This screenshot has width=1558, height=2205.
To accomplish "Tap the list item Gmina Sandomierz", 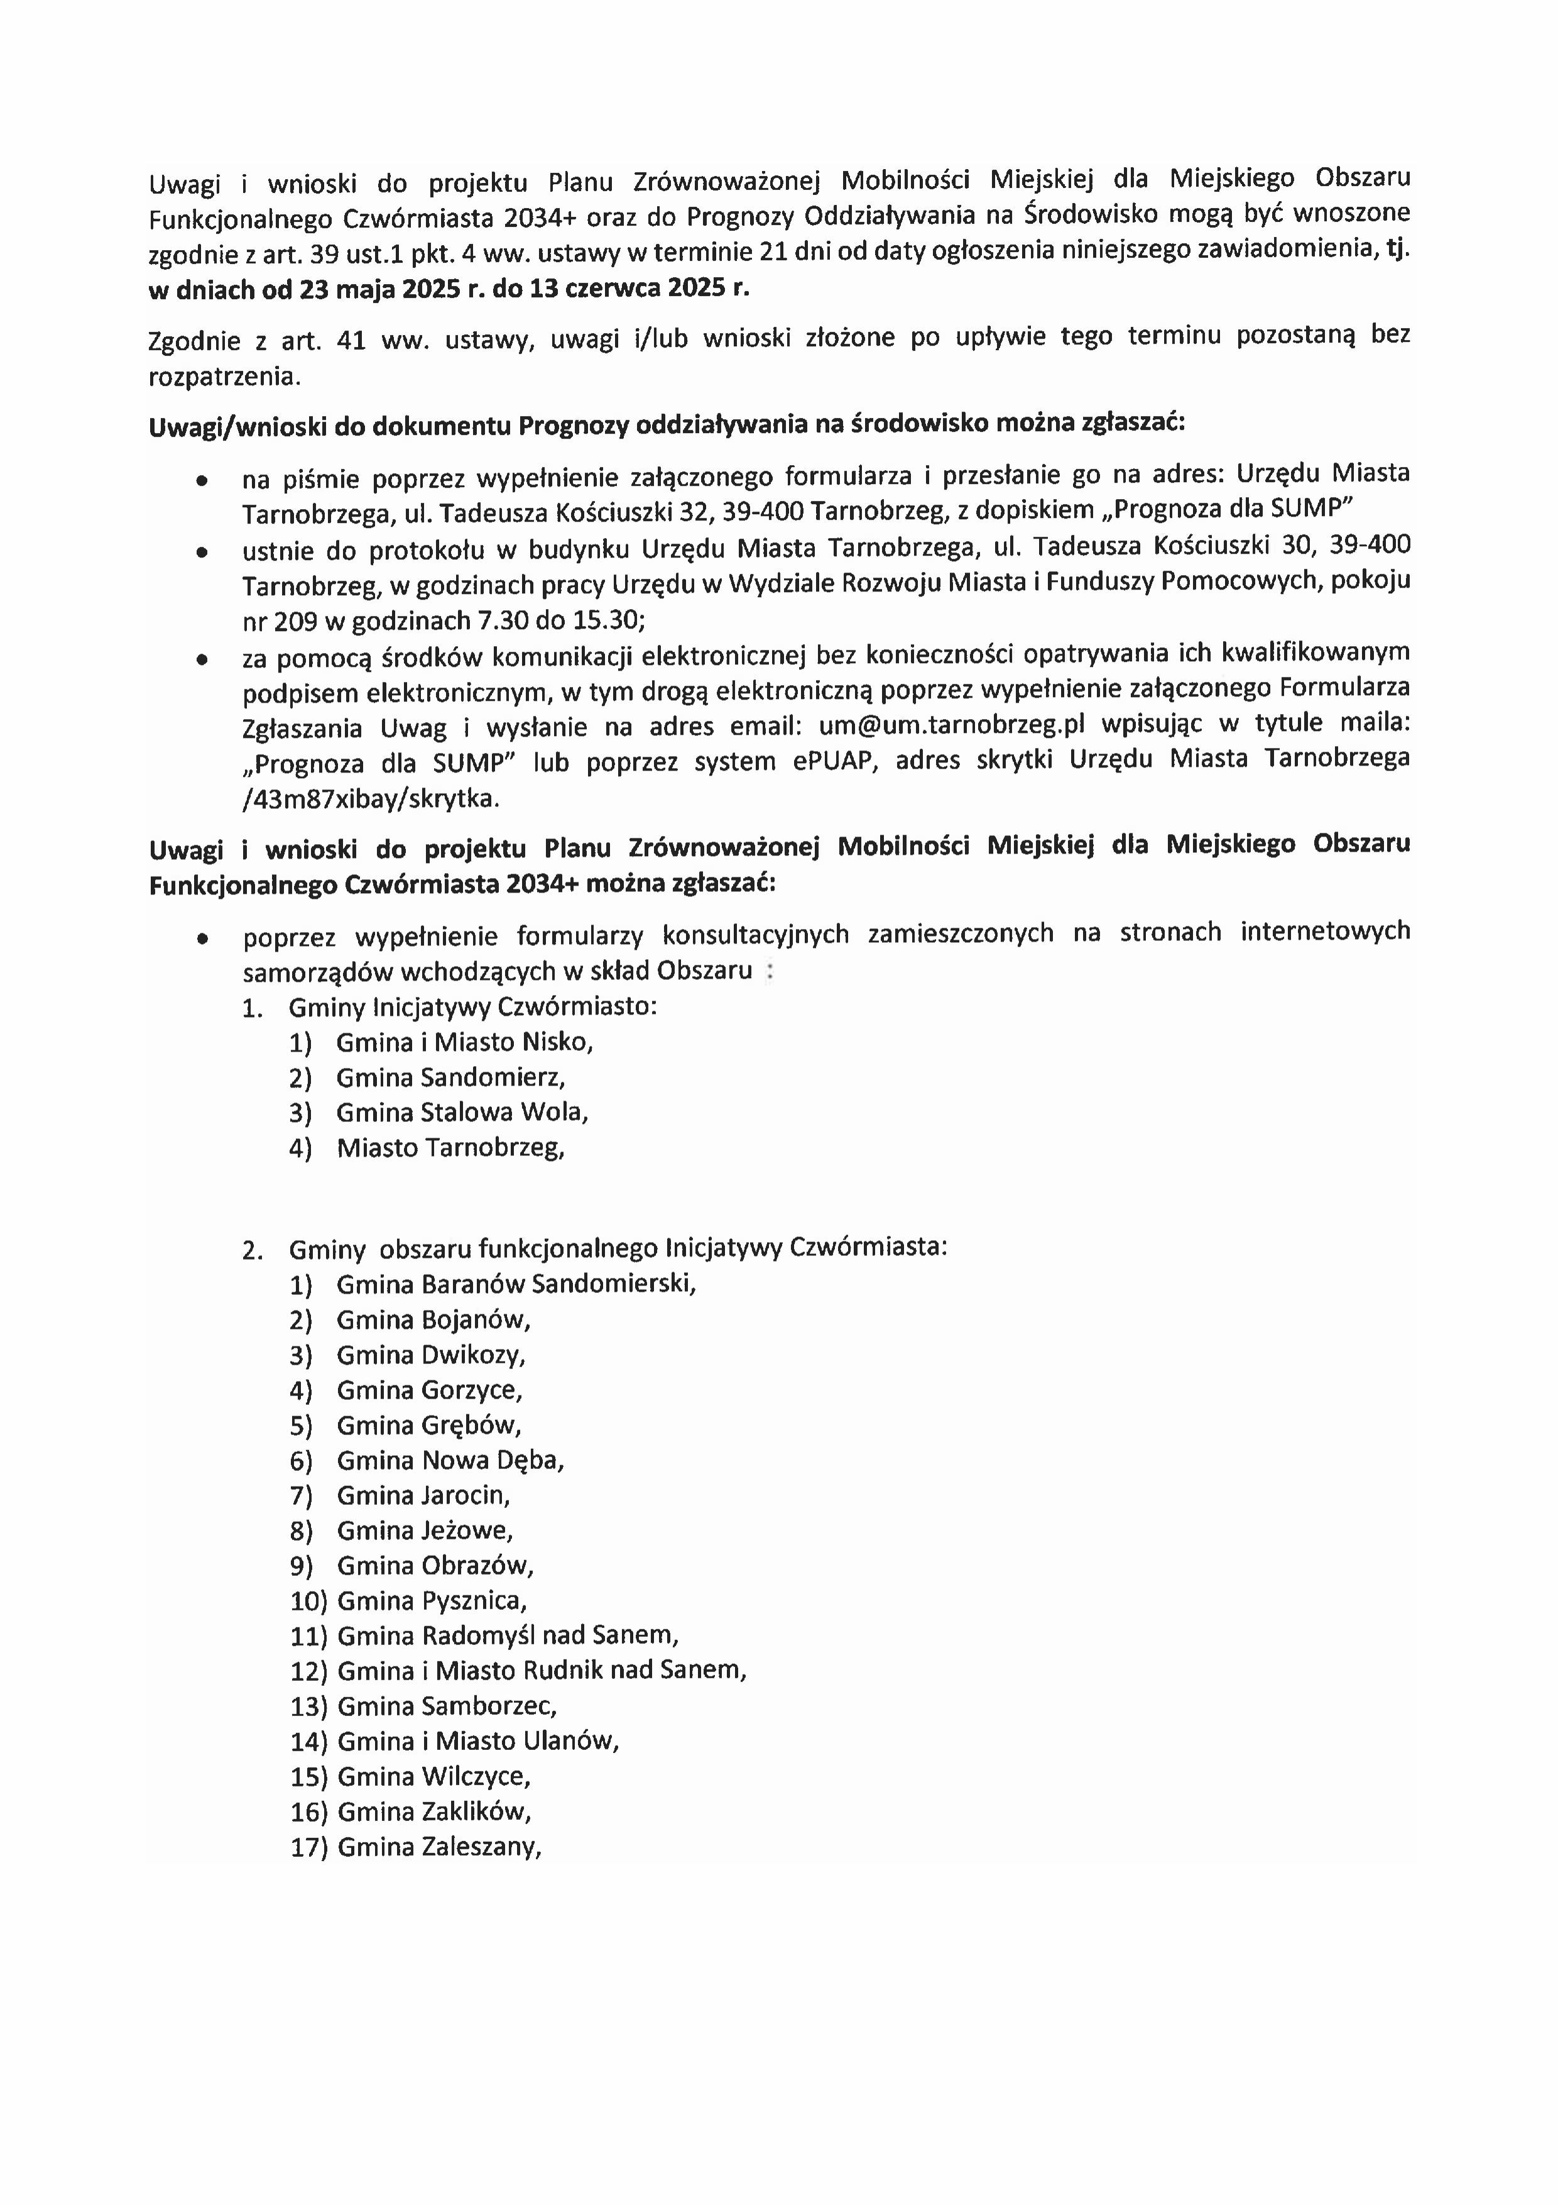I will click(x=449, y=1077).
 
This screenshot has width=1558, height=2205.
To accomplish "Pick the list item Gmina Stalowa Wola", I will click(x=462, y=1112).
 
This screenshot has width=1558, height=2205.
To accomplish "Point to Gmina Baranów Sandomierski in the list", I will click(x=516, y=1284).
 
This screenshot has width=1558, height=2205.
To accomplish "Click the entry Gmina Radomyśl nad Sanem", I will click(x=508, y=1634).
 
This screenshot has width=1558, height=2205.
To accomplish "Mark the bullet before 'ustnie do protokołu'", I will click(x=202, y=553).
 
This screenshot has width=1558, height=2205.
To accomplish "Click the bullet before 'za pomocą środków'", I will click(x=202, y=660).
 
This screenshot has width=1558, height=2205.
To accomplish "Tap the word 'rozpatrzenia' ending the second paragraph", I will click(x=224, y=377).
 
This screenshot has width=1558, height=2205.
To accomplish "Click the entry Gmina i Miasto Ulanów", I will click(x=478, y=1740).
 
